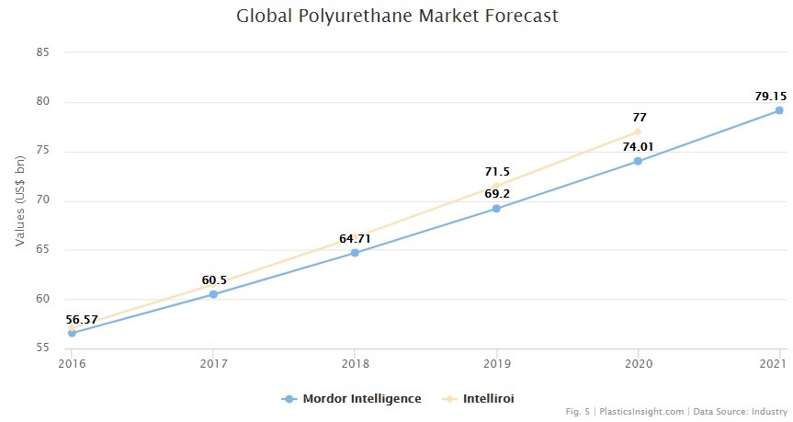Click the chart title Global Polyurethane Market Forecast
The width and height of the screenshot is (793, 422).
tap(397, 16)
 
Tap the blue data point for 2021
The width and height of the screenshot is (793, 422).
tap(778, 110)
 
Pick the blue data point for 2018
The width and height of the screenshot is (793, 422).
tap(355, 252)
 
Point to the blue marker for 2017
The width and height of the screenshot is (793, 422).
tap(213, 294)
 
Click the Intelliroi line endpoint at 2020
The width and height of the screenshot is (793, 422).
tap(637, 131)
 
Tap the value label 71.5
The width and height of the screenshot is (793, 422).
tap(497, 171)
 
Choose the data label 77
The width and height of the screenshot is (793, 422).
tap(640, 117)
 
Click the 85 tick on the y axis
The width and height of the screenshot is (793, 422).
tap(42, 52)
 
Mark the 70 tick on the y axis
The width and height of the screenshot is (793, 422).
tap(42, 200)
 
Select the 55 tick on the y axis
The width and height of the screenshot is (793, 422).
tap(42, 348)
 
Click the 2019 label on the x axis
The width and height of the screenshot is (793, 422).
tap(496, 364)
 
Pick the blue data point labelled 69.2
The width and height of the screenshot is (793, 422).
tap(496, 209)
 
